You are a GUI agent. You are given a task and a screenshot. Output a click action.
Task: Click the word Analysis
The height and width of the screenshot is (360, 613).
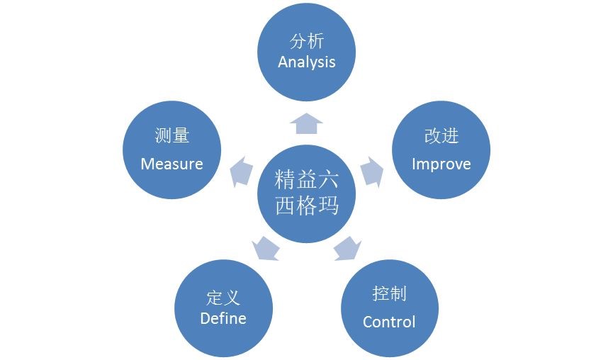(x=306, y=62)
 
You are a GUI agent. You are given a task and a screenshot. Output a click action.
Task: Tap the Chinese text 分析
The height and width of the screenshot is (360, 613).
(x=307, y=41)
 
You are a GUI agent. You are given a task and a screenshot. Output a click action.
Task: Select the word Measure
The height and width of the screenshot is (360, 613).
(x=171, y=164)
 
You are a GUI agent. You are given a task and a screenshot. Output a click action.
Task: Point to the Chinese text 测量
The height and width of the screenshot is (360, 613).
(x=172, y=135)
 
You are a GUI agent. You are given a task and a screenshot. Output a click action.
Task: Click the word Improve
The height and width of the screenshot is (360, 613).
(x=441, y=164)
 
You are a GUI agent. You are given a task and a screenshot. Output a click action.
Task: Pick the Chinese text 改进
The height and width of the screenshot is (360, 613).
(x=442, y=135)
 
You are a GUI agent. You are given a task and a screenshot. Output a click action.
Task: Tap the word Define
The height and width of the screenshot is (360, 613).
(x=223, y=318)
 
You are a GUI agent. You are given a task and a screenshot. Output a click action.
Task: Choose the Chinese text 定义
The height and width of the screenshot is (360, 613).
(x=223, y=298)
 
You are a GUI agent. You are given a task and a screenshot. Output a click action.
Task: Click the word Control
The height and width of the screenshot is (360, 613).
(x=389, y=322)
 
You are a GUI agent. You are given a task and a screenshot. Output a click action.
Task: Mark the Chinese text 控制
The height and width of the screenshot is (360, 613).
(x=389, y=293)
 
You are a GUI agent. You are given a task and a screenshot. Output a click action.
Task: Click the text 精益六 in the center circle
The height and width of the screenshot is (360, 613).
(x=306, y=180)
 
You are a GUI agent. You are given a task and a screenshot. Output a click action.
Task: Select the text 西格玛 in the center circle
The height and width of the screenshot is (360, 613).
(x=306, y=204)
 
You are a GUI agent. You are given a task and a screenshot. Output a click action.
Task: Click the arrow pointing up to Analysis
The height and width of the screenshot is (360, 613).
(x=306, y=123)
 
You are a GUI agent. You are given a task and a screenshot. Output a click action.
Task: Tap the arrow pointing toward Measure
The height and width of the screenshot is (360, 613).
(x=241, y=171)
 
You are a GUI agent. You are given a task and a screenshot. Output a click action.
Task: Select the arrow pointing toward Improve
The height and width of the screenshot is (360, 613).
(x=372, y=172)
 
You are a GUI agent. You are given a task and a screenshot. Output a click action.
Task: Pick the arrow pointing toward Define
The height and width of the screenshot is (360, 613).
(x=266, y=249)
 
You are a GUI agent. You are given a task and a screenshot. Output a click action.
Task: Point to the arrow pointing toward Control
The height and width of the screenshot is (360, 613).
(x=347, y=249)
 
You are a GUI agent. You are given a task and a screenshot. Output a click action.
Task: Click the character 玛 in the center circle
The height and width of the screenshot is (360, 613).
(x=328, y=204)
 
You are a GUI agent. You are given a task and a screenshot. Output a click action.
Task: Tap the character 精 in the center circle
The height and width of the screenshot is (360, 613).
(x=285, y=180)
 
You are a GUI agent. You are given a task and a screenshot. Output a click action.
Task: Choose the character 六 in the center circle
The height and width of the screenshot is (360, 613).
(x=328, y=180)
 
